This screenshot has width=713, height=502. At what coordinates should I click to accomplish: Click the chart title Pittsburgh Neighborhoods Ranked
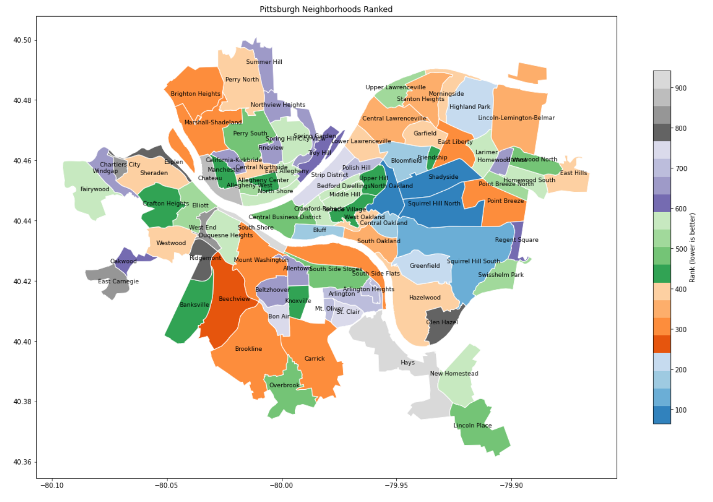click(326, 9)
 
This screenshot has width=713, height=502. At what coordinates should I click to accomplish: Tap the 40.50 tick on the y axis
click(22, 41)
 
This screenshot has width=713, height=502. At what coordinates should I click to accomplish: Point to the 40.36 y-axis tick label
click(22, 463)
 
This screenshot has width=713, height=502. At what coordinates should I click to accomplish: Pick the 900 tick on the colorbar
click(681, 88)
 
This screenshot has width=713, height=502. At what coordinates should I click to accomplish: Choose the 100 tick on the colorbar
click(681, 410)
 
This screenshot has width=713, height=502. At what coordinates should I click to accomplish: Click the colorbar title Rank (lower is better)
click(692, 248)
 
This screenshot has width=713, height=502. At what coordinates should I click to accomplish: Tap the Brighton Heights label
click(196, 94)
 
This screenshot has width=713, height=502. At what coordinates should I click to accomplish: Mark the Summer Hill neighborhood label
click(264, 62)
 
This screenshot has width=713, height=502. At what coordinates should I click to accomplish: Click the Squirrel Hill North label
click(434, 204)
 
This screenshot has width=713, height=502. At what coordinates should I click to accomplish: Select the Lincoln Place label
click(472, 426)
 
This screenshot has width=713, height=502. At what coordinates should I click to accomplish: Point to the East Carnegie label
click(119, 282)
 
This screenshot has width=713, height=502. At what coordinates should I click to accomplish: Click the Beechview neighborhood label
click(234, 299)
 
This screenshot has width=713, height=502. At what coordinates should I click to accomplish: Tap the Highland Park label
click(470, 107)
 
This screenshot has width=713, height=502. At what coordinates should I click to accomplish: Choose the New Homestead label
click(454, 374)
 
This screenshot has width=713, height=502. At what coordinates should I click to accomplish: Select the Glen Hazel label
click(442, 322)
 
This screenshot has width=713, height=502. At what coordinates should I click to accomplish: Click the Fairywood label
click(95, 190)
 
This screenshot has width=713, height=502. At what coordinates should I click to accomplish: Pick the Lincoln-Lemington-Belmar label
click(516, 118)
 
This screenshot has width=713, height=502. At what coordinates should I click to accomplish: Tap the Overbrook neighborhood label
click(284, 386)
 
